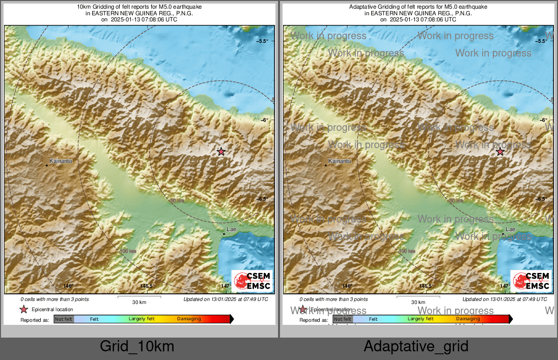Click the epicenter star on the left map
click(x=221, y=152)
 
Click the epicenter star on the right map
click(x=500, y=152)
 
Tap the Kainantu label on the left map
click(x=59, y=160)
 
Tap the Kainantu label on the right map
click(x=340, y=161)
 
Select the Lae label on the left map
click(x=231, y=230)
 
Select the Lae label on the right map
click(x=510, y=230)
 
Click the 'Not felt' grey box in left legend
click(x=64, y=319)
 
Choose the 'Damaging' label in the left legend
click(x=189, y=319)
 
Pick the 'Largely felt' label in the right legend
click(x=421, y=319)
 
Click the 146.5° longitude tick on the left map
click(x=147, y=286)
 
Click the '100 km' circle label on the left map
click(x=128, y=252)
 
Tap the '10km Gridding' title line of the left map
click(x=139, y=7)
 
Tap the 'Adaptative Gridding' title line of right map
click(x=418, y=7)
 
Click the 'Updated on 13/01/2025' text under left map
click(x=226, y=299)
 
